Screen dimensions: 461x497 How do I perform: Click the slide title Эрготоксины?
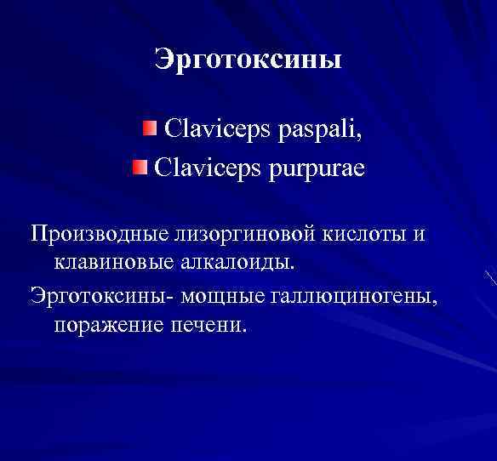pyautogui.click(x=248, y=60)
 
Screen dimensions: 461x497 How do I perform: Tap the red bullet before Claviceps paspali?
pyautogui.click(x=150, y=128)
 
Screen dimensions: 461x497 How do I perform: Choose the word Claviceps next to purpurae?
pyautogui.click(x=205, y=168)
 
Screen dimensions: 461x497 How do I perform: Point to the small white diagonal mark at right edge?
pyautogui.click(x=490, y=276)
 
